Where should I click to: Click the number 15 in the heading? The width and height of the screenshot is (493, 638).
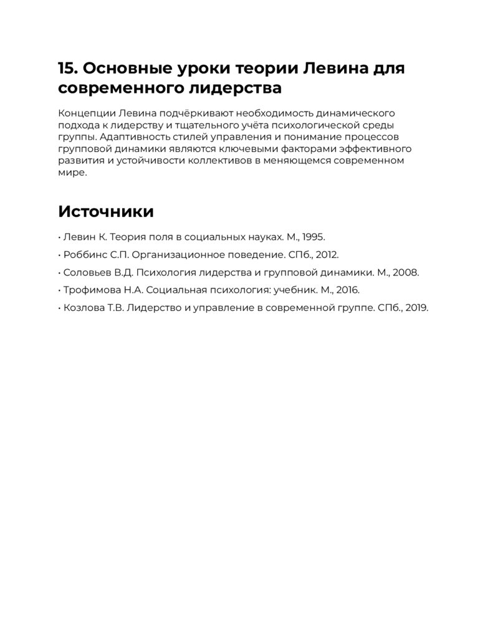click(x=66, y=68)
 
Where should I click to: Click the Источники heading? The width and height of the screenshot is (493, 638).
click(x=106, y=211)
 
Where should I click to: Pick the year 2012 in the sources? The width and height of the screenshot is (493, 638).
click(x=327, y=255)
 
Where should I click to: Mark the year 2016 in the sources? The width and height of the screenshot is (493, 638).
click(x=348, y=290)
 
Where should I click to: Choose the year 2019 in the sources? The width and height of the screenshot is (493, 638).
click(x=416, y=308)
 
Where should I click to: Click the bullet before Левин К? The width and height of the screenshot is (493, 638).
click(x=59, y=237)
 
